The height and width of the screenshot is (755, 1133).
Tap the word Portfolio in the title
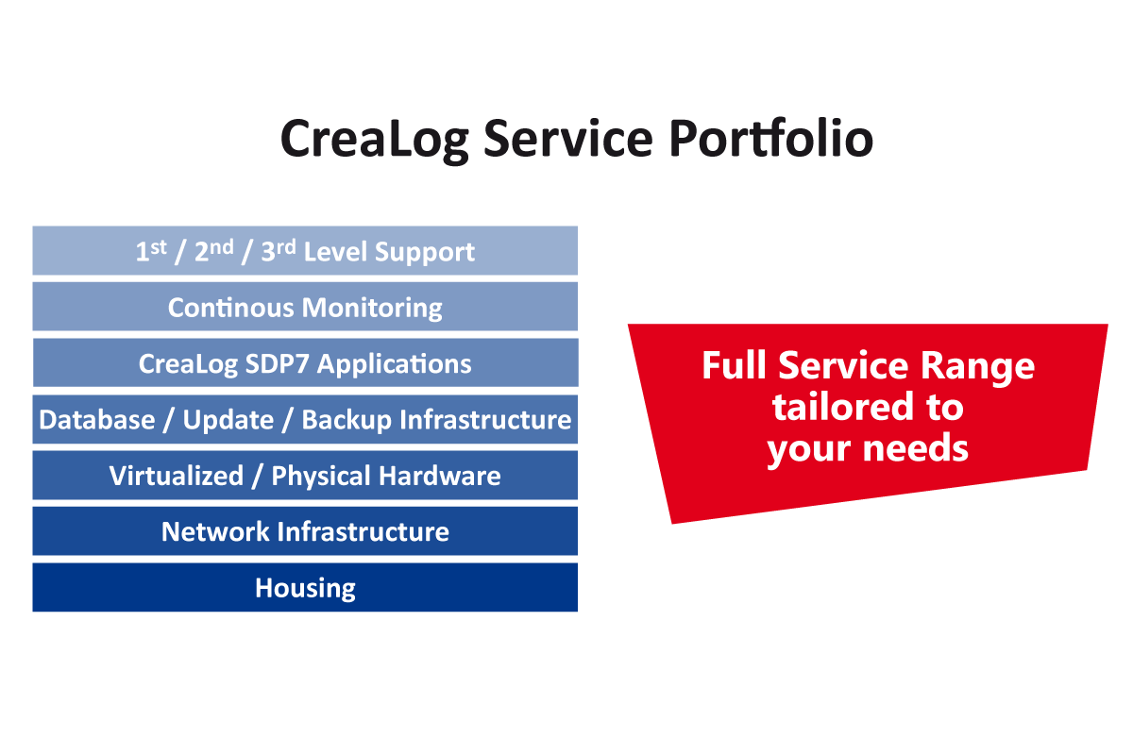(772, 138)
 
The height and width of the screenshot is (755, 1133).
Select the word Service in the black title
(568, 138)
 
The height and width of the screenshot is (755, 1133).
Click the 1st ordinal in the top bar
(151, 251)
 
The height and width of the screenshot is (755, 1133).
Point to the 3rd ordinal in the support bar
(279, 251)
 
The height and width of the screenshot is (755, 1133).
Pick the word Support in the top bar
(424, 253)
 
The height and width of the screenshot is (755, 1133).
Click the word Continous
(230, 308)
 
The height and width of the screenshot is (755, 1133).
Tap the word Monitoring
(372, 309)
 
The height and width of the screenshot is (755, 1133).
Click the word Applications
(395, 364)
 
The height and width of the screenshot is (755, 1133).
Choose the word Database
(97, 420)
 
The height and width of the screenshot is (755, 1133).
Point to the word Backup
(347, 421)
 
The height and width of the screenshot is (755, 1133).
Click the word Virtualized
(177, 476)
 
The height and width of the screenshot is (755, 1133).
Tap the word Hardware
(440, 476)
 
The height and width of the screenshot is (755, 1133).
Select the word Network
(215, 532)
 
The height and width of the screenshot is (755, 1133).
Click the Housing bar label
(305, 589)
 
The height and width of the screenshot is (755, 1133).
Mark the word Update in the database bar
(228, 421)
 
